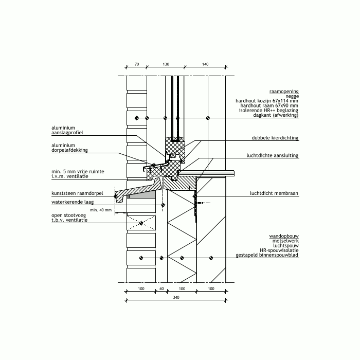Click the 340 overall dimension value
(x=176, y=297)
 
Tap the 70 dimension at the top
(x=137, y=64)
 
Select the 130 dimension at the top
(x=166, y=64)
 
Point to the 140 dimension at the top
(x=205, y=64)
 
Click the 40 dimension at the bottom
(x=161, y=289)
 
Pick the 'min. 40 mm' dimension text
(x=101, y=210)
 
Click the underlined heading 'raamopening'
(x=284, y=92)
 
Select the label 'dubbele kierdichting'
(x=275, y=138)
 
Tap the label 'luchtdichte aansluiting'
(x=273, y=155)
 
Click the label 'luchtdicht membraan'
(x=274, y=193)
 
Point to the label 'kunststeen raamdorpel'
(x=77, y=193)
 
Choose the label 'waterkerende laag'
(x=73, y=202)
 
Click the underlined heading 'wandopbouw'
(x=284, y=236)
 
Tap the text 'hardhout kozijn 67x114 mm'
(x=267, y=101)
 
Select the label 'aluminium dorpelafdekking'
(x=69, y=148)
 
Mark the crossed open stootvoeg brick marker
(x=141, y=223)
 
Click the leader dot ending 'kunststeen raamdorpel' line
(x=116, y=196)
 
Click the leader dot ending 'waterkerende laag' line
(x=163, y=205)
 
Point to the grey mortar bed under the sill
(x=141, y=195)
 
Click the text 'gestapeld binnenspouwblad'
(x=267, y=255)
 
